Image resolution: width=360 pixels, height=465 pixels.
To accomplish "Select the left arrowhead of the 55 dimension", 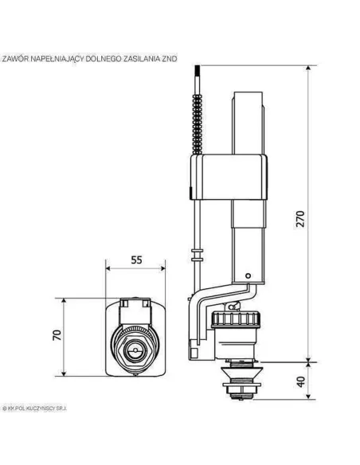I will (x=108, y=270).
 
